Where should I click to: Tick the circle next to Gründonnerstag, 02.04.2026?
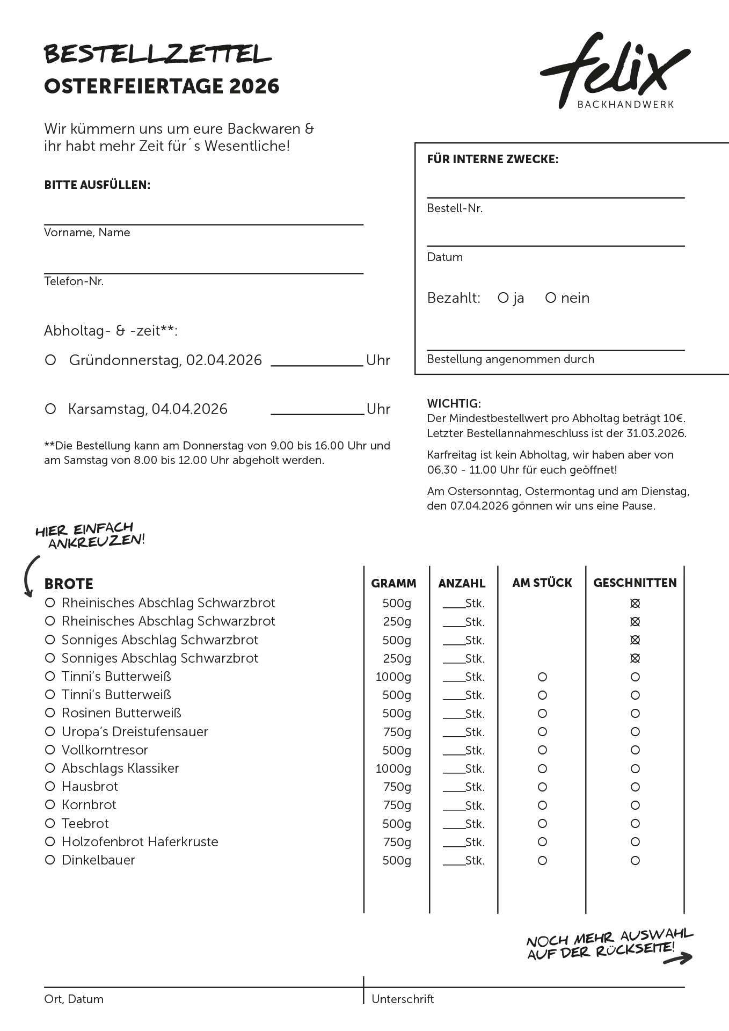tap(50, 360)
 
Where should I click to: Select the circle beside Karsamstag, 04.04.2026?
tap(50, 409)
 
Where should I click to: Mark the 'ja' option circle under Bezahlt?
tap(503, 297)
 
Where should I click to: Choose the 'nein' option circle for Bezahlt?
tap(550, 297)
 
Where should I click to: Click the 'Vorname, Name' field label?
tap(87, 233)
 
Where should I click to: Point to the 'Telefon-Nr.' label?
tap(74, 281)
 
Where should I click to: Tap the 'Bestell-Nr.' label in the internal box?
tap(455, 208)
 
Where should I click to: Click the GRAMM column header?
tap(393, 583)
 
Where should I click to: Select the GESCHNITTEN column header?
tap(635, 583)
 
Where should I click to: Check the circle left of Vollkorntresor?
tap(50, 750)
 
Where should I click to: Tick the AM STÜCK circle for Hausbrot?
tap(542, 787)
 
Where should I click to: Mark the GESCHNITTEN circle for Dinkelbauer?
tap(635, 861)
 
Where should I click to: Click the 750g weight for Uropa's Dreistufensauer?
tap(397, 732)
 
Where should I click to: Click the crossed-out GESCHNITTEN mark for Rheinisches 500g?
tap(635, 604)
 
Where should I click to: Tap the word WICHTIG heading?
tap(454, 403)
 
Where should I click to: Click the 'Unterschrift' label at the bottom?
tap(403, 999)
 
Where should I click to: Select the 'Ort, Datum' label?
tap(74, 999)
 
